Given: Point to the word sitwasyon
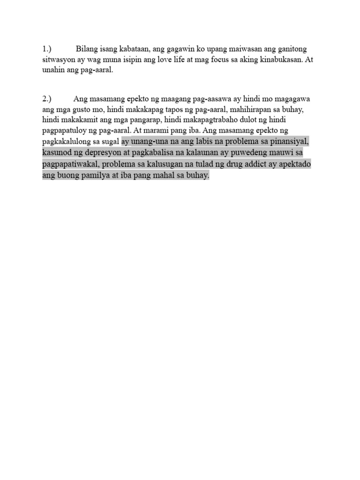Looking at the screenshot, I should [58, 60].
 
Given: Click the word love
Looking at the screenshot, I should [172, 60].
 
